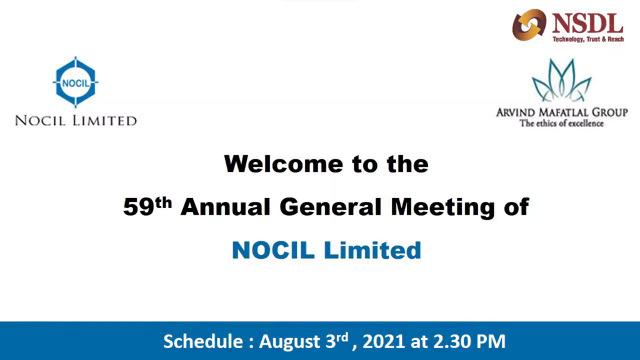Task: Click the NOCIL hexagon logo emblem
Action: pos(76,82)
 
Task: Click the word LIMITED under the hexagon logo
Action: pos(104,121)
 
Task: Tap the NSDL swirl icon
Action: pos(529,25)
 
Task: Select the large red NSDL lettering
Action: pos(587,23)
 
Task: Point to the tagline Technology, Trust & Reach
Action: pos(588,39)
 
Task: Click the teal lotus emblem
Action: pos(562,81)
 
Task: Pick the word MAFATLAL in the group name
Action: pos(569,112)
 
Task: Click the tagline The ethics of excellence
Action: pos(562,123)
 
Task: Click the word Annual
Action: pos(226,206)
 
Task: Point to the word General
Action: pos(331,206)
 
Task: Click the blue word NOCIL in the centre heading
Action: pos(274,250)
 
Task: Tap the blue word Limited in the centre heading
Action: pos(372,250)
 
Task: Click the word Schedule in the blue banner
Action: pos(203,342)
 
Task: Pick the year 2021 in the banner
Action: pos(383,342)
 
